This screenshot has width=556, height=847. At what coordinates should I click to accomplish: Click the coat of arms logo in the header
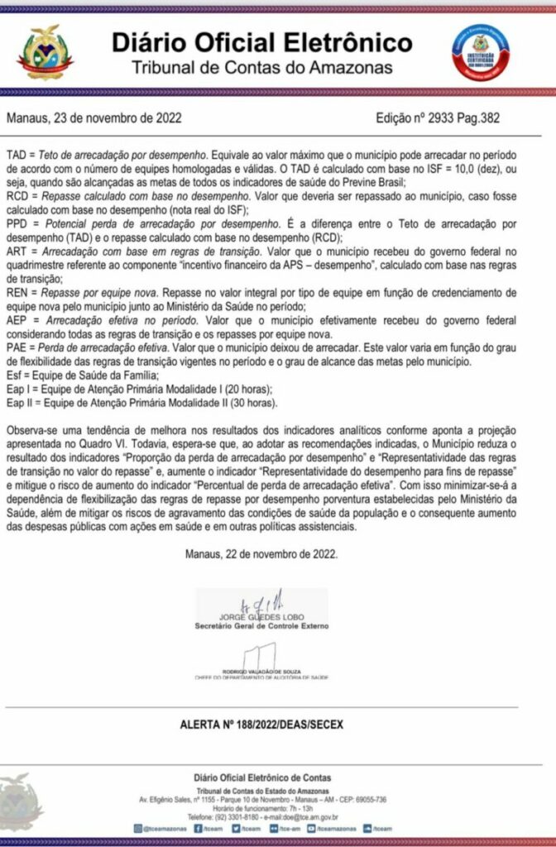[46, 51]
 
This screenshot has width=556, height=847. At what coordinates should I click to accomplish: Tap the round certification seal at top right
[481, 51]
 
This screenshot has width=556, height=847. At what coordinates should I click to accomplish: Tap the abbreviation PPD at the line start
[18, 224]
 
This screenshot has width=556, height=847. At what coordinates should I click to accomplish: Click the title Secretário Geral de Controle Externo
[261, 626]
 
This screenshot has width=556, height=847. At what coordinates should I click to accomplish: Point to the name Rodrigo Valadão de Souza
[261, 670]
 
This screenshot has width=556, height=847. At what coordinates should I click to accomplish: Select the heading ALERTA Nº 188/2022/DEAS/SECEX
[261, 725]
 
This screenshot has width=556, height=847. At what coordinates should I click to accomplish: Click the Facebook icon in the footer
[199, 827]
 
